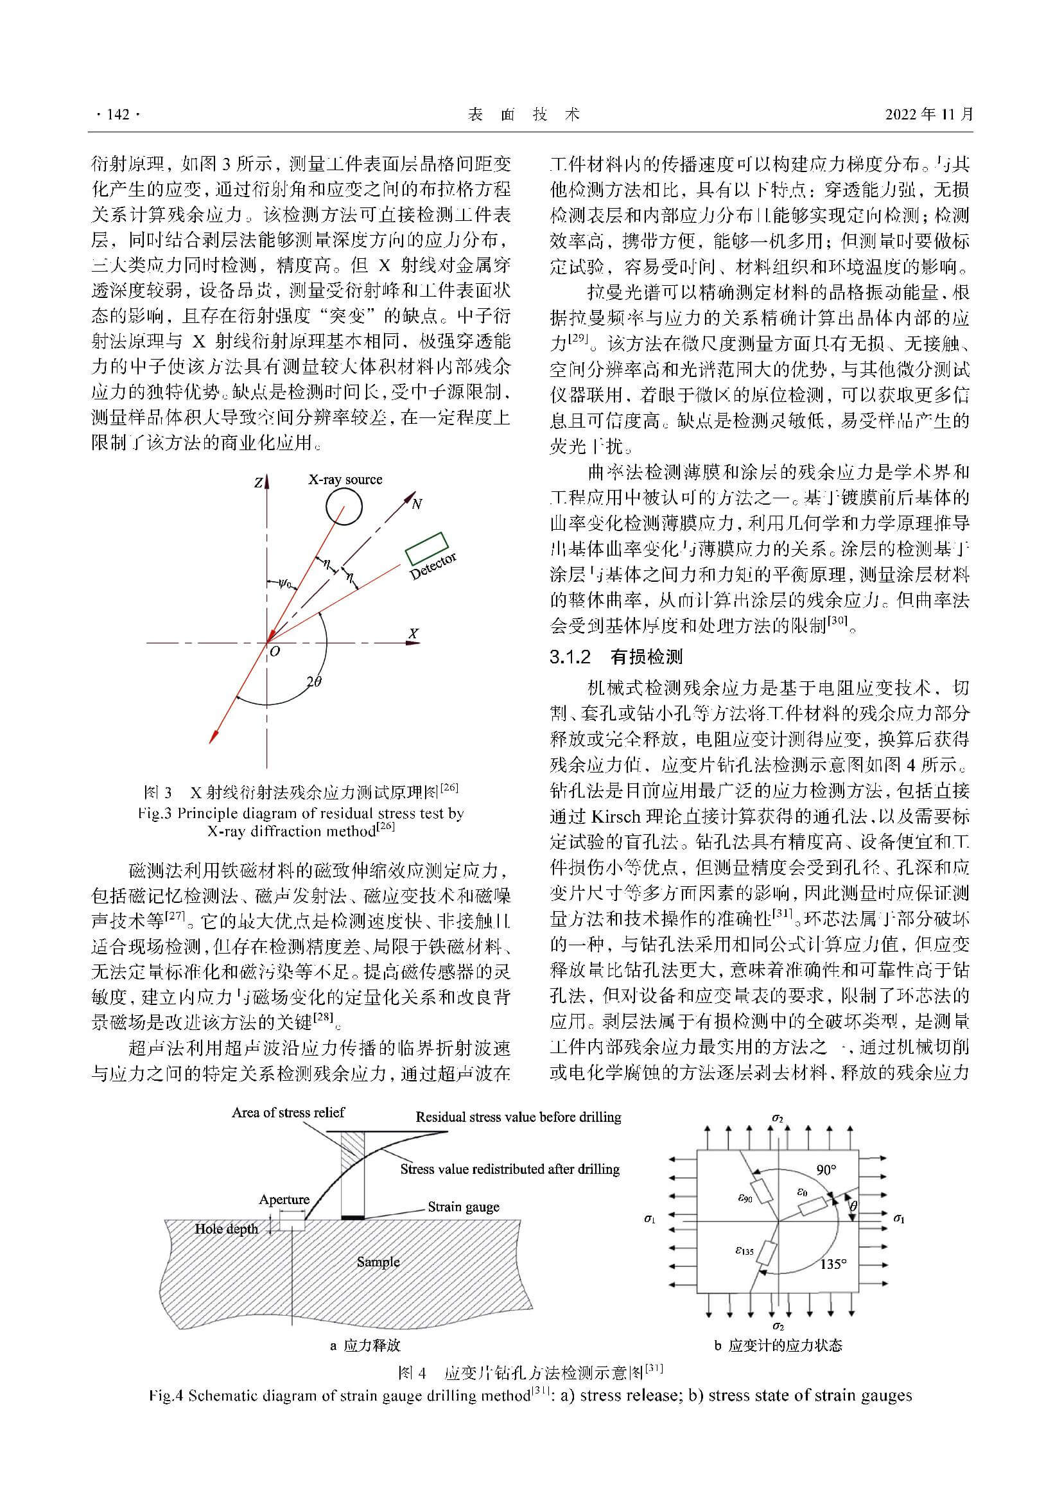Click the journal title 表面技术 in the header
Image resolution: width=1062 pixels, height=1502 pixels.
pyautogui.click(x=524, y=114)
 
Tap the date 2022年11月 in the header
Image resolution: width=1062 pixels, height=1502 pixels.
pyautogui.click(x=928, y=114)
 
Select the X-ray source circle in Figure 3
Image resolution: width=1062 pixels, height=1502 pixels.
pyautogui.click(x=344, y=506)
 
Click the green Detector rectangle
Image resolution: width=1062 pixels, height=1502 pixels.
pyautogui.click(x=426, y=548)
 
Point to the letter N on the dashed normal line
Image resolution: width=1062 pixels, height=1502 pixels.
pyautogui.click(x=417, y=503)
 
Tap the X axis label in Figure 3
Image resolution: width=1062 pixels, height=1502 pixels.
pyautogui.click(x=413, y=634)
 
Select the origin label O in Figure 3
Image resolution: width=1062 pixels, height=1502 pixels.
pyautogui.click(x=275, y=652)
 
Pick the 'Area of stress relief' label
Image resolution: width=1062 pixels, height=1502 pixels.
pyautogui.click(x=288, y=1112)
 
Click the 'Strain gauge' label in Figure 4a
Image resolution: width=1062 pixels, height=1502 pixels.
pyautogui.click(x=464, y=1207)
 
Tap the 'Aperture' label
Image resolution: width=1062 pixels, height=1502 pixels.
pyautogui.click(x=284, y=1199)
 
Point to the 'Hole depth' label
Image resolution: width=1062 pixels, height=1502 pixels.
pyautogui.click(x=226, y=1228)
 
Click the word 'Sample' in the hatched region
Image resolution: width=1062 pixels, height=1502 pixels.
pyautogui.click(x=378, y=1262)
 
